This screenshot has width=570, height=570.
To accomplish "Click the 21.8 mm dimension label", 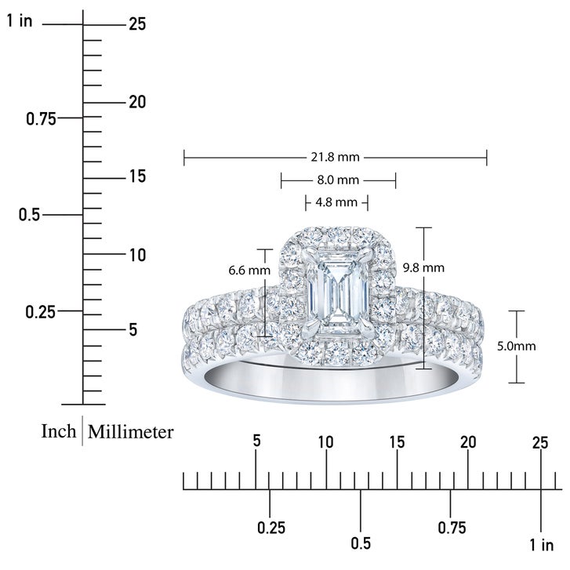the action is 335,158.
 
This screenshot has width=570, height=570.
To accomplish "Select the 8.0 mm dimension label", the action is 338,180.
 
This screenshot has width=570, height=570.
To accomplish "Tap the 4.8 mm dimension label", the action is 336,202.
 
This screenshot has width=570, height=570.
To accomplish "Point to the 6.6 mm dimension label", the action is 249,270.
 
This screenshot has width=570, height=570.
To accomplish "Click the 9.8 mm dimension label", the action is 423,268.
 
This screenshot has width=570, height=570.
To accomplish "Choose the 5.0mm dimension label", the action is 516,346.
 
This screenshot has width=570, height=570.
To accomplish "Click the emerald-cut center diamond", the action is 338,293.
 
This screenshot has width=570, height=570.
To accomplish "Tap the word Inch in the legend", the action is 59,431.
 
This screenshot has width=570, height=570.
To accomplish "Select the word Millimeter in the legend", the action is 130,432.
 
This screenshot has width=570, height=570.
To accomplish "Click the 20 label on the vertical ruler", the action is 137,102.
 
